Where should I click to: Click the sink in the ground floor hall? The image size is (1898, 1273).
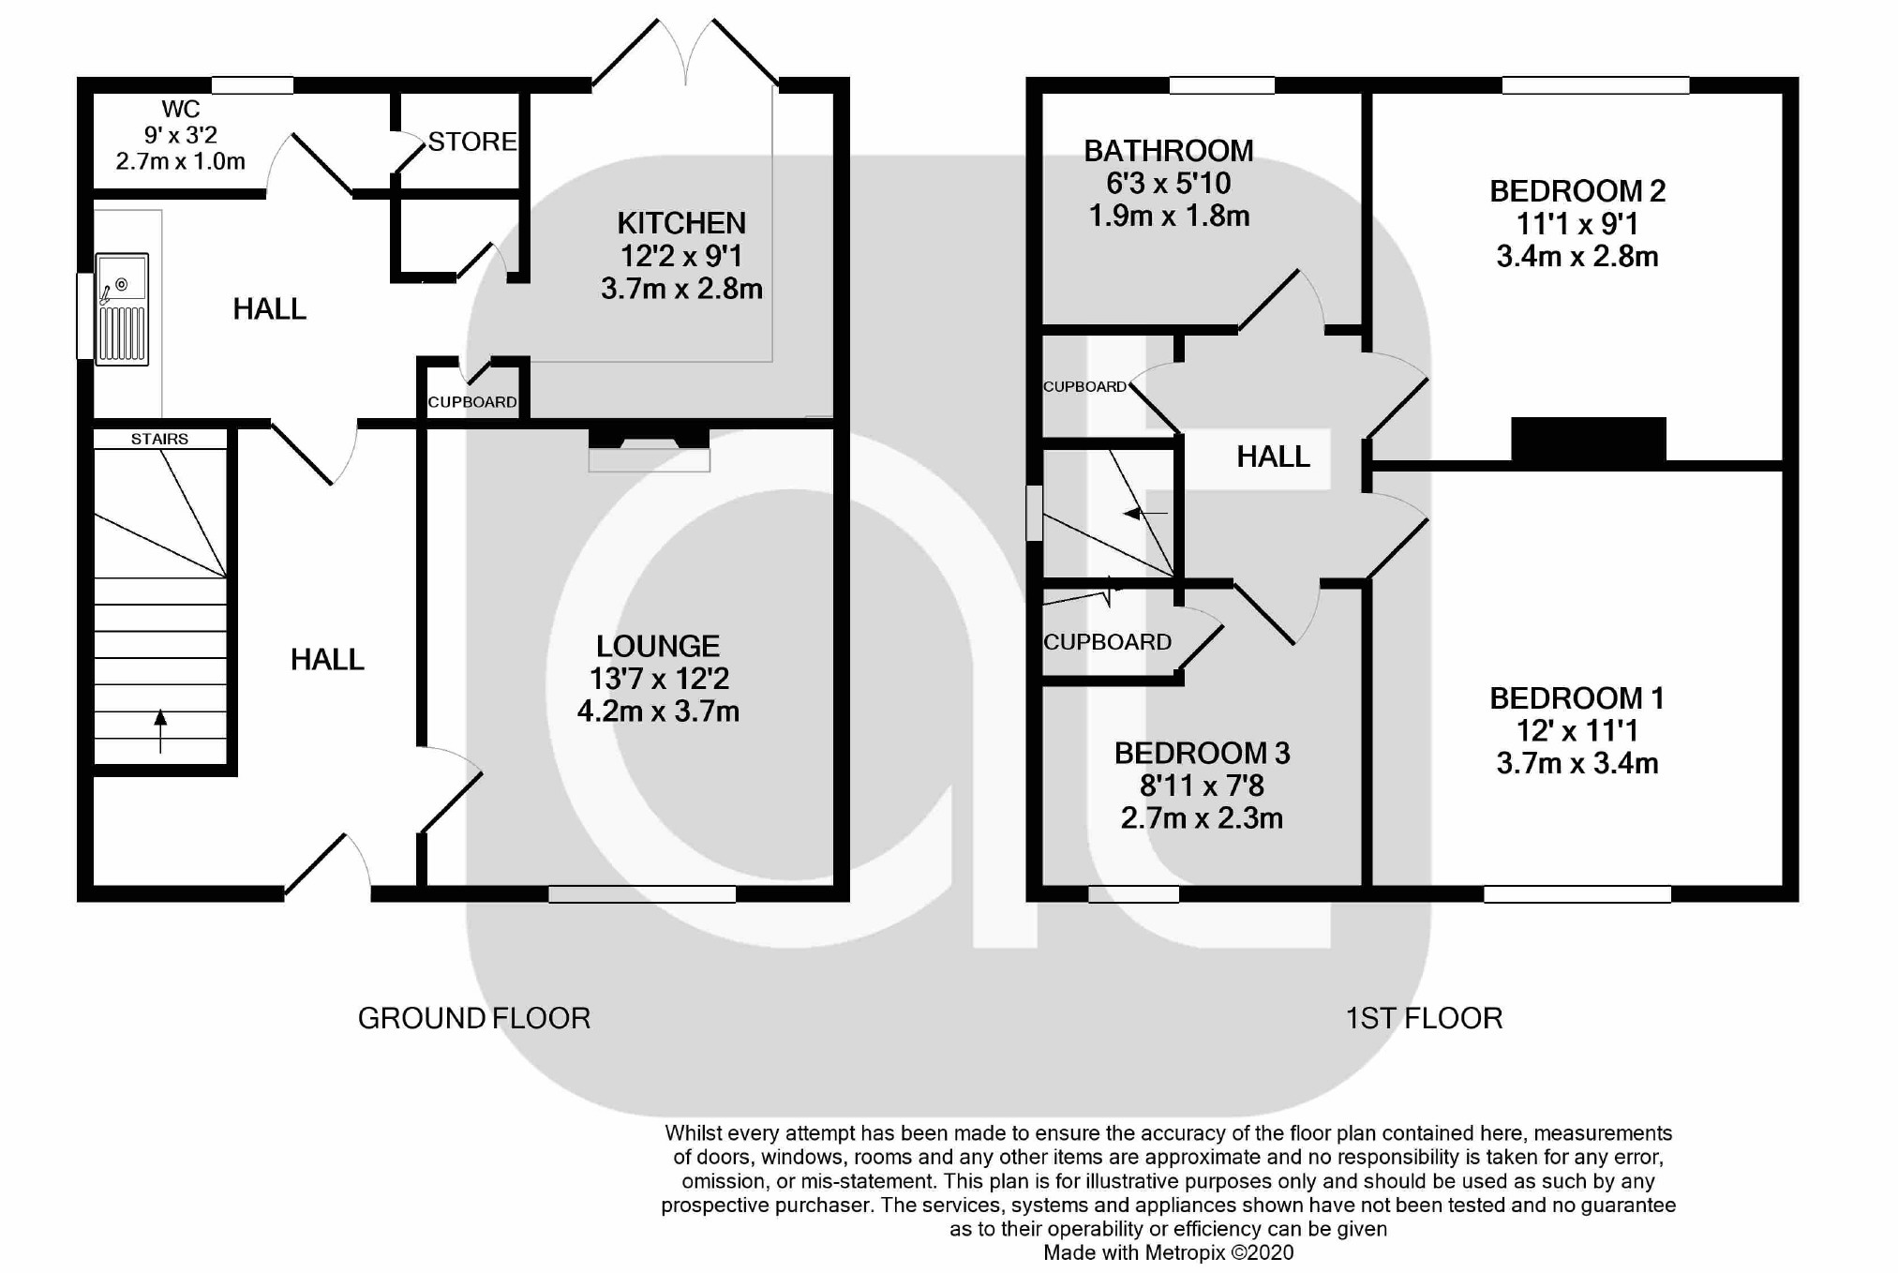coord(122,308)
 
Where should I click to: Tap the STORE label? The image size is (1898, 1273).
coord(472,142)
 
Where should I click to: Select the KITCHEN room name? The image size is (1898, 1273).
coord(681,223)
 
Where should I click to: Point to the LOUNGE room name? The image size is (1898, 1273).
coord(658,646)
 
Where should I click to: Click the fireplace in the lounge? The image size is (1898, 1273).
coord(649,450)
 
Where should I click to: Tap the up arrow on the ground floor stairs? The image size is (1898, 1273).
coord(160,731)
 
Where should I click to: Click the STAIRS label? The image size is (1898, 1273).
coord(159,439)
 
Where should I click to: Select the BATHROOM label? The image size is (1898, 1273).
coord(1169,151)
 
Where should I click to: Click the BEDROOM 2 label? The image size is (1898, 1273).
coord(1577,191)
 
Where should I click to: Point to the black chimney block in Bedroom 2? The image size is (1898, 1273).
coord(1589,440)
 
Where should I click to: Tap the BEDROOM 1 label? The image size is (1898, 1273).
coord(1577,698)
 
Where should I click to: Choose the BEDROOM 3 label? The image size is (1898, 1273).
coord(1202,753)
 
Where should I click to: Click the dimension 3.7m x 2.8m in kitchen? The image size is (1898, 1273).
coord(681,289)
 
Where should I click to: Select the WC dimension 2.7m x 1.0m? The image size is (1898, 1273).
coord(181,161)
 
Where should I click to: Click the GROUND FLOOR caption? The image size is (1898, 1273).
coord(474,1018)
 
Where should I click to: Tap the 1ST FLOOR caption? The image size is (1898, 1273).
coord(1424,1018)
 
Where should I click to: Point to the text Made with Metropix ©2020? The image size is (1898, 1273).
coord(1169,1252)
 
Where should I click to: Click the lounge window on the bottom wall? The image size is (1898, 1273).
coord(642,894)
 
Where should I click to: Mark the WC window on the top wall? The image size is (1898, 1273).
coord(252,85)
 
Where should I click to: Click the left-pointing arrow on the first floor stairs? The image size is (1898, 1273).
coord(1145,514)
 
